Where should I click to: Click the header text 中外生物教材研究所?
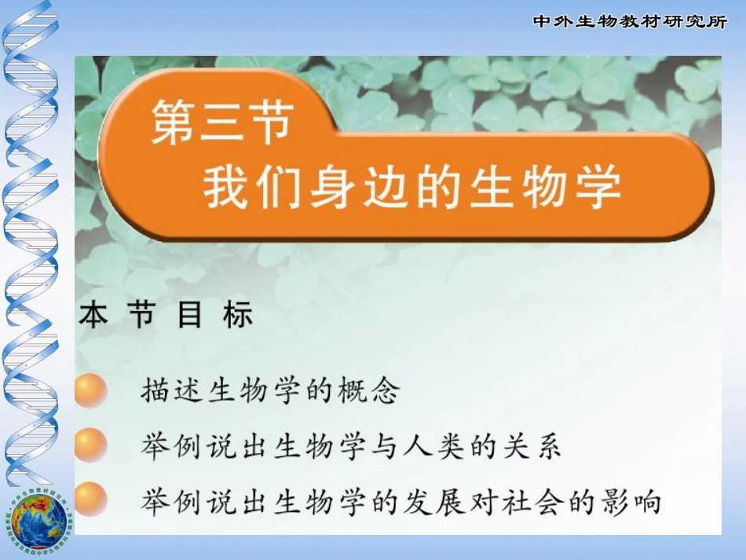click(x=630, y=22)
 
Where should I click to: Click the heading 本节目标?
click(x=166, y=316)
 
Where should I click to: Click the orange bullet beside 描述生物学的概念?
click(x=90, y=390)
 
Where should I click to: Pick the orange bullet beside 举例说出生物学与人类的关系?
click(x=90, y=445)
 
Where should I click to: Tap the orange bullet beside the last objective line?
click(x=90, y=500)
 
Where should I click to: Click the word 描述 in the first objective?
click(x=172, y=390)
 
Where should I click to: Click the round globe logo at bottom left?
click(x=39, y=519)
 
